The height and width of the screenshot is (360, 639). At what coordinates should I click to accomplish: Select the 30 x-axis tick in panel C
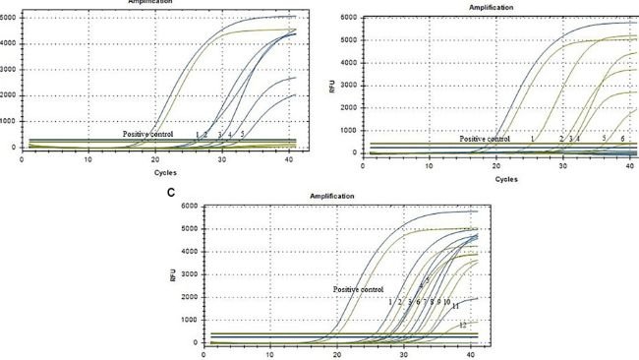tap(403, 355)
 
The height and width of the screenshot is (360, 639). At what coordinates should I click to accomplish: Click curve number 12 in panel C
tap(462, 326)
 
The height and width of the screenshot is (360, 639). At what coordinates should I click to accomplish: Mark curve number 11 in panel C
tap(456, 307)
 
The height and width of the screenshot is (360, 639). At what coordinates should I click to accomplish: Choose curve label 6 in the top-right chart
tap(622, 140)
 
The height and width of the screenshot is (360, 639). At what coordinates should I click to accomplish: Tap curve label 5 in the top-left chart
tap(242, 134)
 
